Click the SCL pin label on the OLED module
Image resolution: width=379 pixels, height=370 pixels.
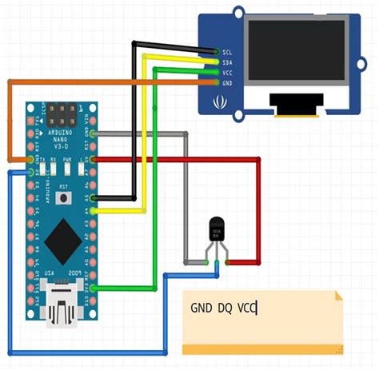pyautogui.click(x=229, y=51)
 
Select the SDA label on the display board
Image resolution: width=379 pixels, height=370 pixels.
pyautogui.click(x=229, y=62)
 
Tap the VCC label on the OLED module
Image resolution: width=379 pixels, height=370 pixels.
pyautogui.click(x=229, y=72)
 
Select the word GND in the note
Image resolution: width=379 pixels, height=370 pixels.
pyautogui.click(x=200, y=308)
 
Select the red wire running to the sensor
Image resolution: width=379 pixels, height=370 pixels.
pyautogui.click(x=258, y=208)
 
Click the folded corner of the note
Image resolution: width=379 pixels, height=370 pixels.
pyautogui.click(x=337, y=296)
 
